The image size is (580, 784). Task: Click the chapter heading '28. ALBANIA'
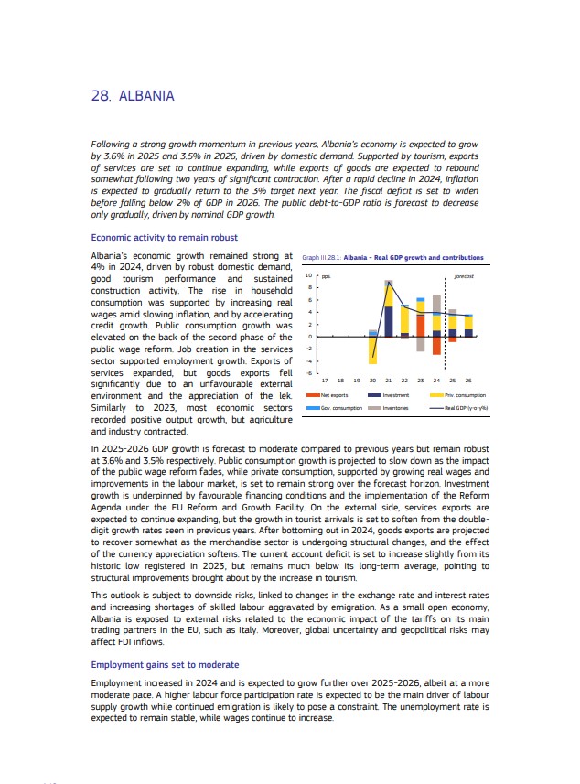coord(133,96)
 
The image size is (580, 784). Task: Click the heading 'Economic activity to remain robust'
coord(165,238)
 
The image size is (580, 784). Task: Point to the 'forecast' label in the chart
coord(463,275)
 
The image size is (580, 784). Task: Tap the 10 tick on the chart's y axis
coord(308,275)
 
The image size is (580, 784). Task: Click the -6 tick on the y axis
coord(308,373)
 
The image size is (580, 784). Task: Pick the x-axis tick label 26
coord(468,380)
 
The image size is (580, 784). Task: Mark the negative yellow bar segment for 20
coord(373,349)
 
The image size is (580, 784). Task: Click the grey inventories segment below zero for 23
coord(421,345)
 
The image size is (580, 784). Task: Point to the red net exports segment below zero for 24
coord(436,347)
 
